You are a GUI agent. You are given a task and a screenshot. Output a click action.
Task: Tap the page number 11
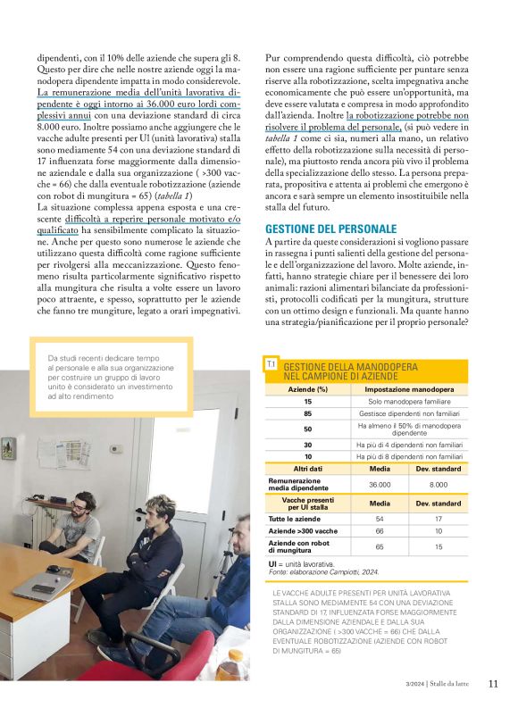coord(493,685)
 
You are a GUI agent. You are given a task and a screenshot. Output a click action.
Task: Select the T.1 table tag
coord(271,364)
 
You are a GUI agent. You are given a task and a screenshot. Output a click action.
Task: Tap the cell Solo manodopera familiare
coord(409,402)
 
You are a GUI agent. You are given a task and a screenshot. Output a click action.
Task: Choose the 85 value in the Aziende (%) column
coord(308,414)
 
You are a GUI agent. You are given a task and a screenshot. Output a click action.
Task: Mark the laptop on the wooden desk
coord(43,585)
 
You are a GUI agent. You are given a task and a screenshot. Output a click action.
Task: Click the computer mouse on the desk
coord(54,569)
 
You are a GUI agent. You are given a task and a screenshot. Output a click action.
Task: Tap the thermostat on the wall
coord(115,449)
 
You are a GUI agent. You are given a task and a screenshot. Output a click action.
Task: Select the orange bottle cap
coord(235,654)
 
